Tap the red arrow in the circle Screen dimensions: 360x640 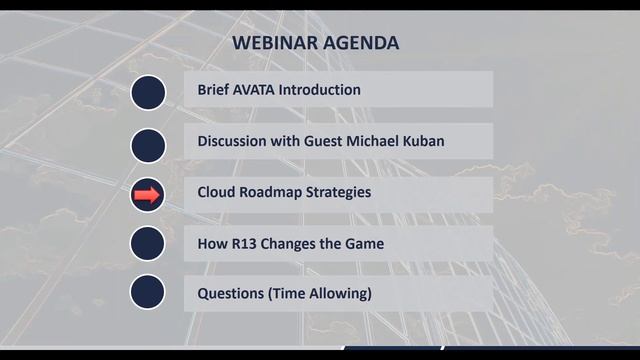pyautogui.click(x=147, y=195)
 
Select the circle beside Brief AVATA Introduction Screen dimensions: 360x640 pyautogui.click(x=147, y=92)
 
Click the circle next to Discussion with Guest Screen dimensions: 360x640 pyautogui.click(x=147, y=144)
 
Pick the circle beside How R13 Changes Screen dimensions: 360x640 pyautogui.click(x=147, y=243)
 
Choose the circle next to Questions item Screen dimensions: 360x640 pyautogui.click(x=147, y=292)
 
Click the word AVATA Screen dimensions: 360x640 pyautogui.click(x=253, y=90)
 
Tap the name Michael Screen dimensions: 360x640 pyautogui.click(x=372, y=141)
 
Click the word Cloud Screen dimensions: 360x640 pyautogui.click(x=216, y=192)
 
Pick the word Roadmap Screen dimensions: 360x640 pyautogui.click(x=272, y=192)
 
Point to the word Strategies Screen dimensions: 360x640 pyautogui.click(x=339, y=192)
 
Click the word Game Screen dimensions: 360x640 pyautogui.click(x=364, y=243)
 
